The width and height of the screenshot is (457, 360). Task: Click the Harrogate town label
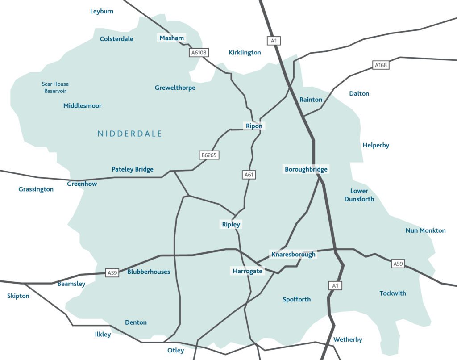click(248, 271)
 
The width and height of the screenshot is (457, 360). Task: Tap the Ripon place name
click(254, 126)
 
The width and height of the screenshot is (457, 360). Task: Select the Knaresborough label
click(293, 255)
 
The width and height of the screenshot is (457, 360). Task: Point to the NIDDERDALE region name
click(129, 134)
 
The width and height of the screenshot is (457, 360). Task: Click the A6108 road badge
click(199, 53)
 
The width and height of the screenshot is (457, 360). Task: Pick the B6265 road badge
click(209, 155)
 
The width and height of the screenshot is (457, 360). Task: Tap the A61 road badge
click(249, 175)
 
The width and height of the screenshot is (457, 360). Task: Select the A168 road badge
click(381, 66)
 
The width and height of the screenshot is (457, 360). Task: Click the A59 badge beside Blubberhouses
click(112, 272)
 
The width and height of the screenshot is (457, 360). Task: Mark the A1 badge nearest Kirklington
click(274, 41)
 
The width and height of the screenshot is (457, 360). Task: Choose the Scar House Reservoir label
click(55, 88)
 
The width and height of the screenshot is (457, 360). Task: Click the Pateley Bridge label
click(133, 169)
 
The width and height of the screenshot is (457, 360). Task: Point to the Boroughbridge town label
click(306, 169)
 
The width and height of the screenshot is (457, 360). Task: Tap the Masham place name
click(172, 38)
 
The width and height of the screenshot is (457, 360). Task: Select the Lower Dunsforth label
click(359, 195)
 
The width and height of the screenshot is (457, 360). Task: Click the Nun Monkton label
click(425, 230)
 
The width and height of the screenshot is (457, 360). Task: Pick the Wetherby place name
click(348, 339)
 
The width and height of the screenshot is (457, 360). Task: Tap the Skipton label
click(18, 296)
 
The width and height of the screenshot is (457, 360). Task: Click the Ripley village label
click(231, 225)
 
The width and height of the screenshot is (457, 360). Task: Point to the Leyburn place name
click(102, 11)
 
